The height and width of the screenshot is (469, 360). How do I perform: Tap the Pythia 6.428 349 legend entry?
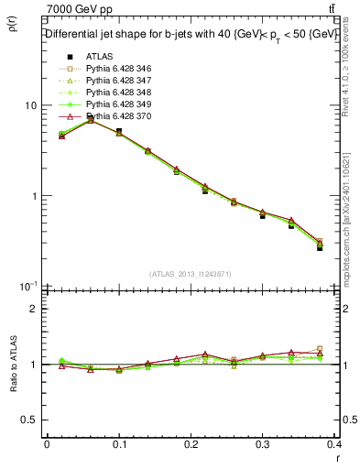[115, 105]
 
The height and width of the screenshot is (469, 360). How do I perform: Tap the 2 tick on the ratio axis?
[34, 309]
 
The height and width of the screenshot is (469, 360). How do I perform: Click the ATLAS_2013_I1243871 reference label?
[191, 274]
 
